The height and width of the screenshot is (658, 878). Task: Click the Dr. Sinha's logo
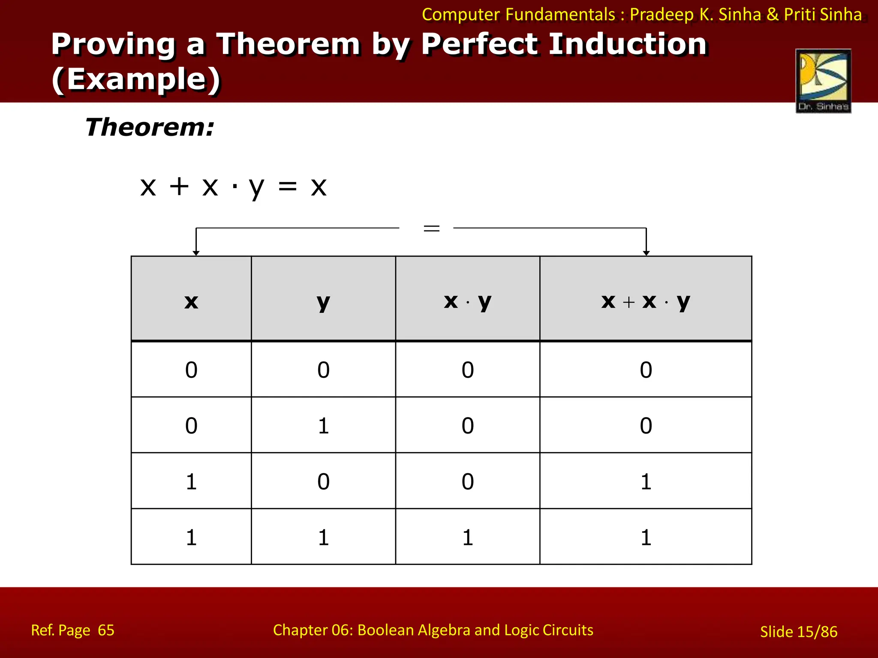823,81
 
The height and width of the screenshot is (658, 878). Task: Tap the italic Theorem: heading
150,127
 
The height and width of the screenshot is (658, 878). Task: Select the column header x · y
467,301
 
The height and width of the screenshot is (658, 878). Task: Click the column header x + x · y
646,301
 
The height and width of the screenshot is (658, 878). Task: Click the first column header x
191,301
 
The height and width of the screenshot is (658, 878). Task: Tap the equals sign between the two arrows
431,228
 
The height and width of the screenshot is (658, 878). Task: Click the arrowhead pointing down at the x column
196,253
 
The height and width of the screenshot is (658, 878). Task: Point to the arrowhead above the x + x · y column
646,253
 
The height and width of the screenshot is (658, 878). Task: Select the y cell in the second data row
323,426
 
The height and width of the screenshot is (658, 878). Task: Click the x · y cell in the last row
467,537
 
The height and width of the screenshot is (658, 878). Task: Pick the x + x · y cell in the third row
646,482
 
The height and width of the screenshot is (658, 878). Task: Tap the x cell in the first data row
191,370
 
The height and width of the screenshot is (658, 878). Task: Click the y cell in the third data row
323,482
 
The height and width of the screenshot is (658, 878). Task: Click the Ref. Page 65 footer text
72,630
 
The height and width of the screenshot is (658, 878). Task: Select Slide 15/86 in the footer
798,631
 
